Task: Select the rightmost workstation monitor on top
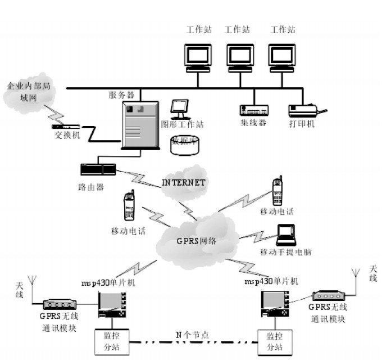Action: point(281,56)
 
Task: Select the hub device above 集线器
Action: point(252,111)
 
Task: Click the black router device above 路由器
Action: point(98,169)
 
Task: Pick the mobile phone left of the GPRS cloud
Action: point(129,206)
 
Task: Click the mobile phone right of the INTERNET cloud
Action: point(276,192)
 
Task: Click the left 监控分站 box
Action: point(111,341)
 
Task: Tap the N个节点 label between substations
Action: point(192,335)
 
